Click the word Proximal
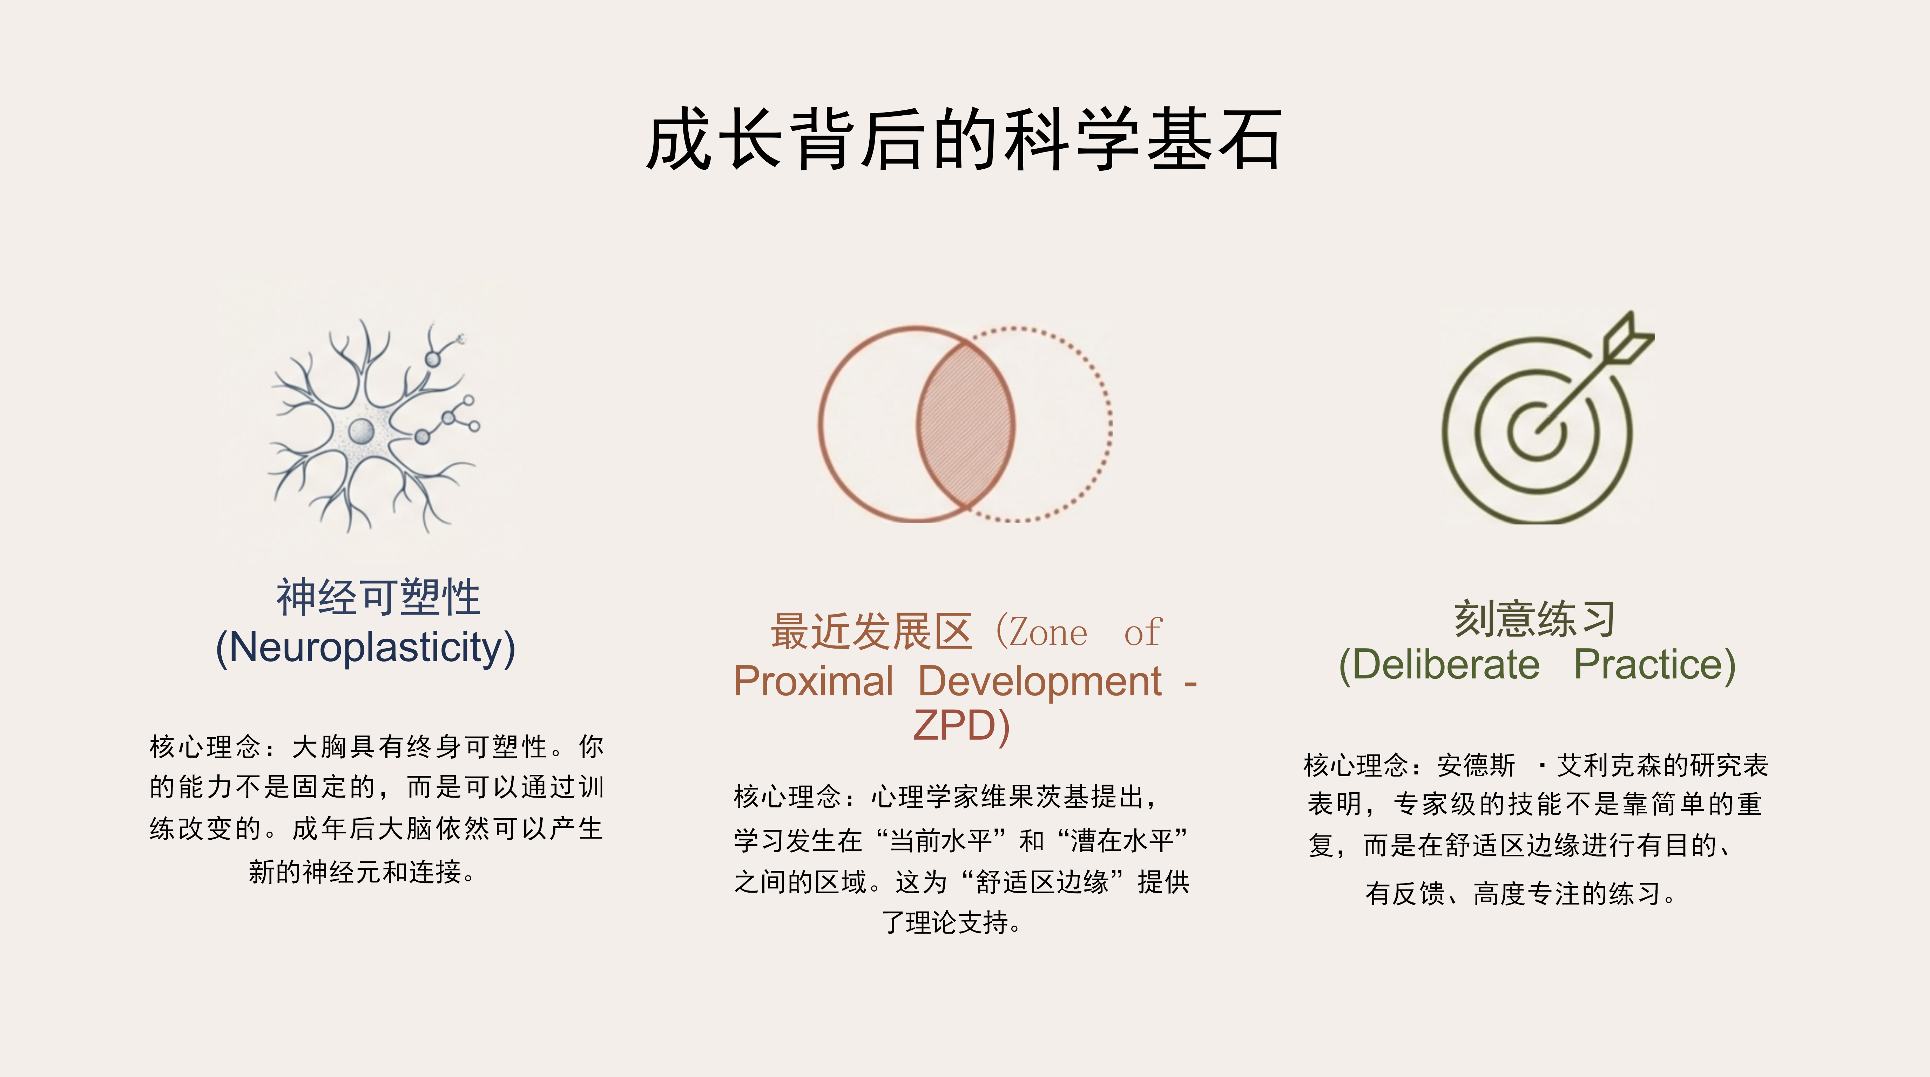pos(814,682)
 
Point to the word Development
pos(1040,682)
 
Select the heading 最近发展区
pos(871,631)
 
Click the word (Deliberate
pos(1439,665)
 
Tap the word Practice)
pos(1654,665)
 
